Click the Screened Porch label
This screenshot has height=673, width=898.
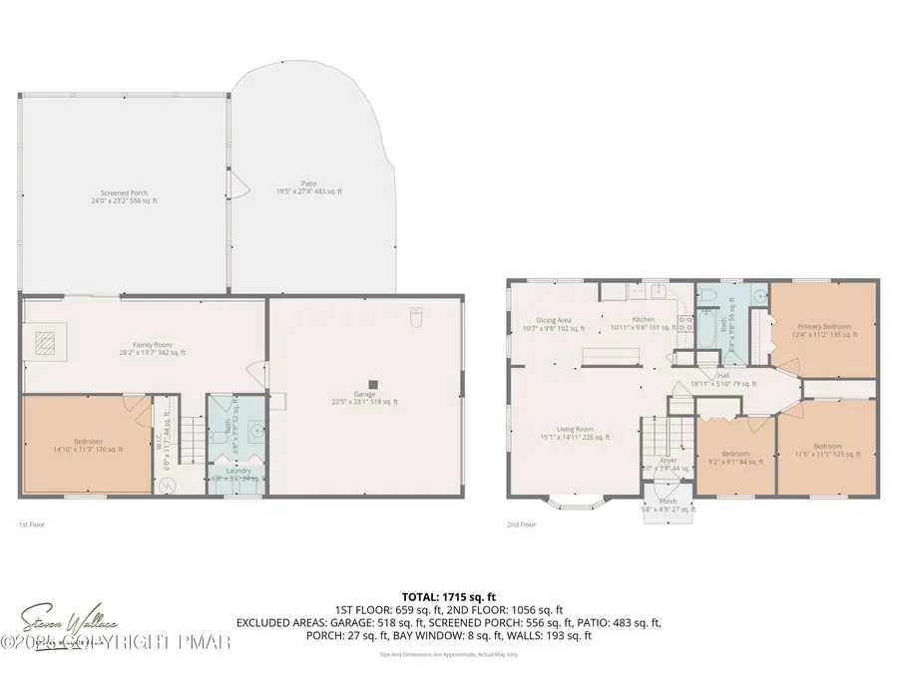(124, 196)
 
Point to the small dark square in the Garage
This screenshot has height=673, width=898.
(373, 384)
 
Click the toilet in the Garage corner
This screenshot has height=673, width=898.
(417, 316)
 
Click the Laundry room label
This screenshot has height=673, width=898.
(238, 474)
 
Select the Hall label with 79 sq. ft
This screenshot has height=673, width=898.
(724, 379)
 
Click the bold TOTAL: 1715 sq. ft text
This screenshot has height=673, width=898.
(449, 594)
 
